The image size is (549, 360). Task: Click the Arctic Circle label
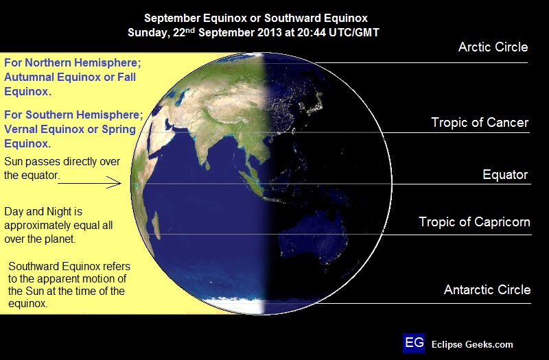point(493,47)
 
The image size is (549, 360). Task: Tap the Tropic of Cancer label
point(480,123)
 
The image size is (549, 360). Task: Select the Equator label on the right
point(505,174)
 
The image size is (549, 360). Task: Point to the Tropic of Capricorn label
point(474,221)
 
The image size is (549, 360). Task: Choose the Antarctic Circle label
point(487,289)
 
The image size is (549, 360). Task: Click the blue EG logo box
point(414,343)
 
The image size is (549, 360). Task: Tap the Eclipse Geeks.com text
point(472,345)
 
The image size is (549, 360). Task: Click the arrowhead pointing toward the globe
point(115,182)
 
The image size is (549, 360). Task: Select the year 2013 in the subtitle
point(269,32)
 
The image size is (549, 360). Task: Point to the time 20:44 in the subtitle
point(311,32)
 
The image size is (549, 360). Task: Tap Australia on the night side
point(314,238)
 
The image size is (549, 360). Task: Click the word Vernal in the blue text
point(21,129)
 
